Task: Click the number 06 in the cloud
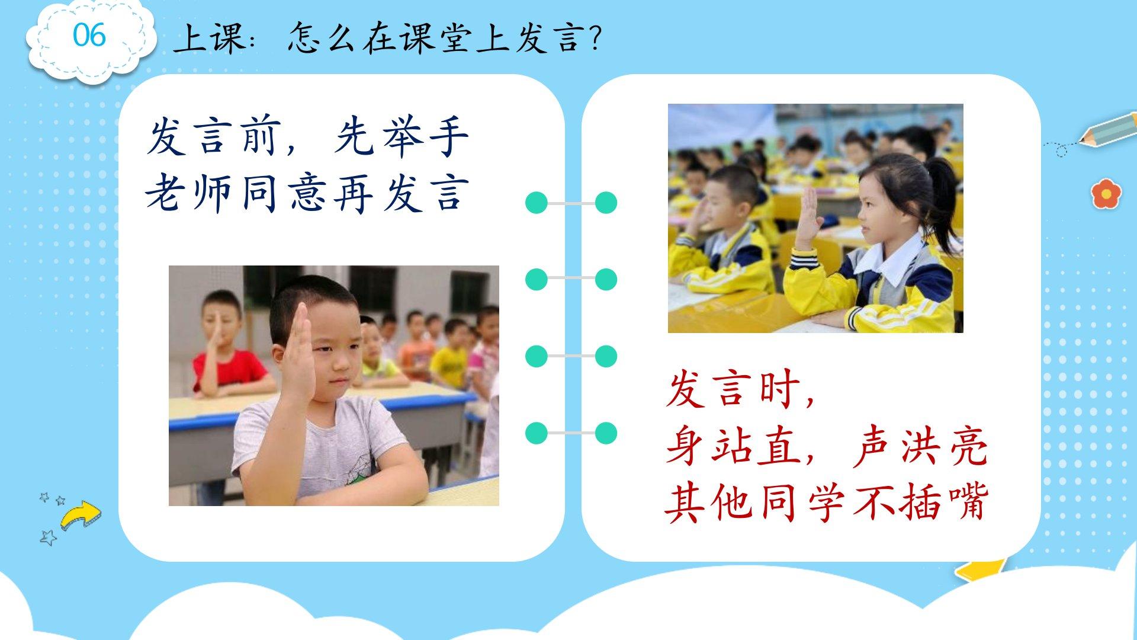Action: tap(89, 35)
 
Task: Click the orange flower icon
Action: tap(1106, 193)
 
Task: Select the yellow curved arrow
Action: tap(81, 514)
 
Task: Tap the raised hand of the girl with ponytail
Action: tap(808, 216)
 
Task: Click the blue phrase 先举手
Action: tap(402, 137)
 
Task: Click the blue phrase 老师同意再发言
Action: tap(307, 194)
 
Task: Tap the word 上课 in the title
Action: tap(210, 39)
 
